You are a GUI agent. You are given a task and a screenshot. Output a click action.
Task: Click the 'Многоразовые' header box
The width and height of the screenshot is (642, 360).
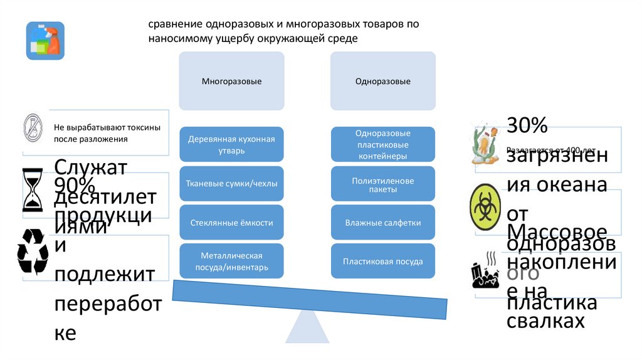pyautogui.click(x=231, y=81)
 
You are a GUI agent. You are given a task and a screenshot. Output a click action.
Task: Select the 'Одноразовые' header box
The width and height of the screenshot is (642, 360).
pyautogui.click(x=382, y=81)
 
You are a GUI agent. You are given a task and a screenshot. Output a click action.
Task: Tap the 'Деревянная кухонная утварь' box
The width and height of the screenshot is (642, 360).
pyautogui.click(x=231, y=144)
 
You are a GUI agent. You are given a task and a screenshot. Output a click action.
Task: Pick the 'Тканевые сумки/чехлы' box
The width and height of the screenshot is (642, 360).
pyautogui.click(x=231, y=183)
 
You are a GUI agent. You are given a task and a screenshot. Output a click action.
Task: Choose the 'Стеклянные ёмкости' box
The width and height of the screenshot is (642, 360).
pyautogui.click(x=231, y=223)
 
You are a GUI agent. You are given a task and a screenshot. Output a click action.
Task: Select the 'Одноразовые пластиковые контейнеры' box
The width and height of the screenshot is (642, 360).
pyautogui.click(x=382, y=144)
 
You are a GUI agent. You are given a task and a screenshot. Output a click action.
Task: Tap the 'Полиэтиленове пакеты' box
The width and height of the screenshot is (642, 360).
pyautogui.click(x=382, y=184)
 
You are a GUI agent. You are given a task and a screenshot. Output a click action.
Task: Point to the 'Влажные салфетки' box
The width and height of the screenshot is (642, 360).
pyautogui.click(x=382, y=223)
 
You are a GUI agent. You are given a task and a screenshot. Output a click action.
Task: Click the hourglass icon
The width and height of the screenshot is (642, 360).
pyautogui.click(x=32, y=191)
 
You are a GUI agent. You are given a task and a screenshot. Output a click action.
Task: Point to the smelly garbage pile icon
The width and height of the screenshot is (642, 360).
pyautogui.click(x=485, y=270)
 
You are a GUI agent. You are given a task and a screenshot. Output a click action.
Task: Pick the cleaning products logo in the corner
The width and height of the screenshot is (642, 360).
pyautogui.click(x=45, y=41)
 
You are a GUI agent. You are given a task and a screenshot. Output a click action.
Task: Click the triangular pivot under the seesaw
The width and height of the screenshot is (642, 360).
pyautogui.click(x=308, y=326)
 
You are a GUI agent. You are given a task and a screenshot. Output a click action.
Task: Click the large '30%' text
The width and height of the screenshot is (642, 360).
pyautogui.click(x=528, y=125)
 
